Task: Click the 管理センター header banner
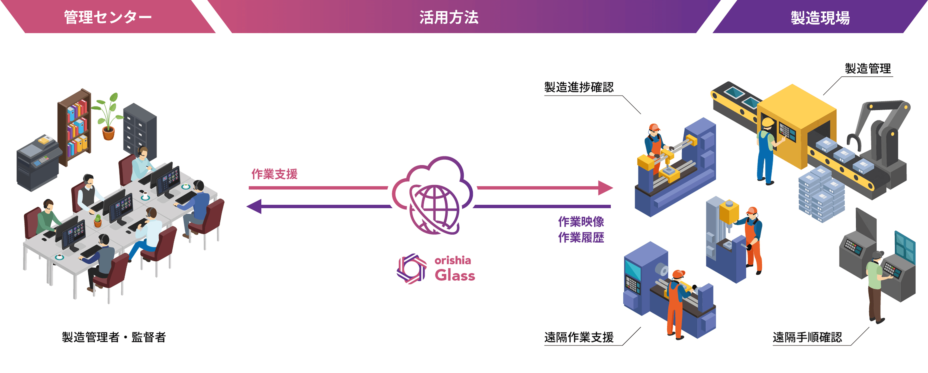108,16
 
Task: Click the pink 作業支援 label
274,174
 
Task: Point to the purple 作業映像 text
581,222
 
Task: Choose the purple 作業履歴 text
581,238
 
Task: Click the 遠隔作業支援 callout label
579,337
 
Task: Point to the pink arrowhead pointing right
605,188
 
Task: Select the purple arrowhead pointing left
254,207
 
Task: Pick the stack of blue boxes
821,194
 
